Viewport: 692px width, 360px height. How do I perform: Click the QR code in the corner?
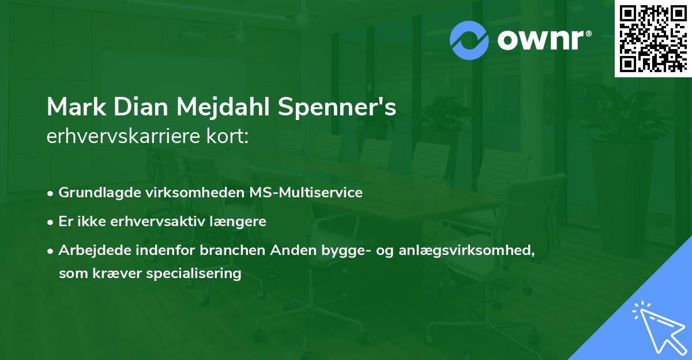[x=653, y=39]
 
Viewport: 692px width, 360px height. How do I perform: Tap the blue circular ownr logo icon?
[x=469, y=40]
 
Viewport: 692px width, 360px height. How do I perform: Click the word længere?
[x=241, y=221]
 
